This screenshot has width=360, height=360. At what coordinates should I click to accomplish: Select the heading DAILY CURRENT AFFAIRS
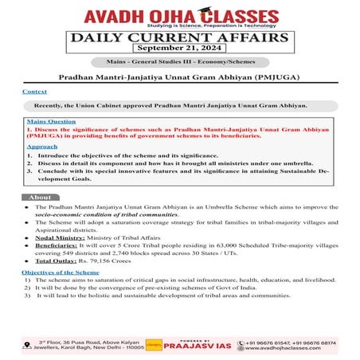180,37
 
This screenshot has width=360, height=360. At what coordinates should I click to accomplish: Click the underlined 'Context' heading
34,92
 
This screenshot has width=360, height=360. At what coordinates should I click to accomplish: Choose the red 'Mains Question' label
47,122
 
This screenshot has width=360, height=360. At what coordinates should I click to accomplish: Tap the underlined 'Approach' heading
41,147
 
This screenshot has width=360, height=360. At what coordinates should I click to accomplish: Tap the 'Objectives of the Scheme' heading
61,272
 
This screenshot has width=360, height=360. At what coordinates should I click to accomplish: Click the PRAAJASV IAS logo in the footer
195,345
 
